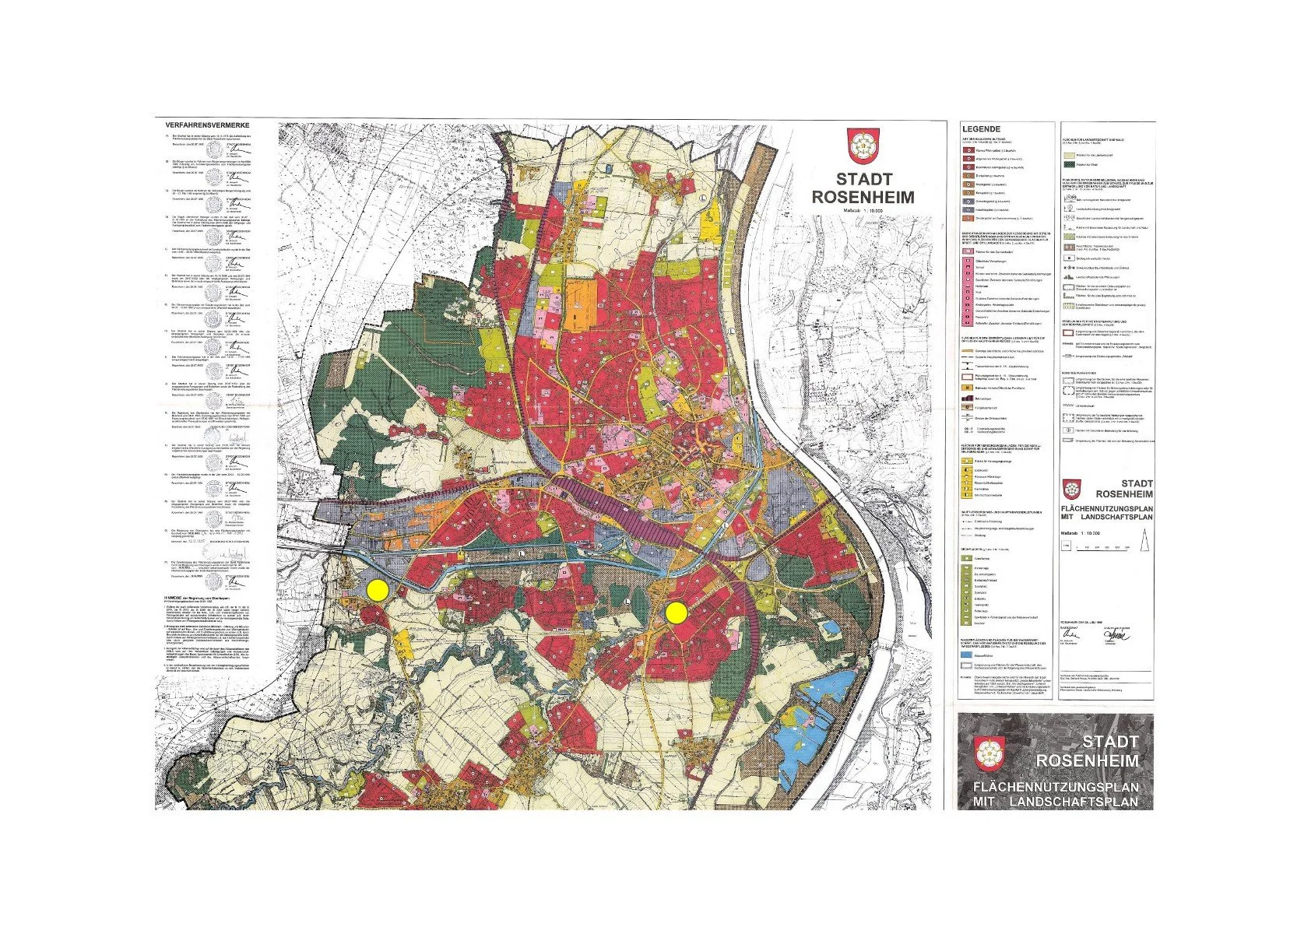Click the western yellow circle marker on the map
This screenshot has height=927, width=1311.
point(378,590)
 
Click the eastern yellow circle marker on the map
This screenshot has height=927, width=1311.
point(676,613)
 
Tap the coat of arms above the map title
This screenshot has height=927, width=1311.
point(862,146)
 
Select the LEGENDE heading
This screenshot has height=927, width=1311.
point(980,129)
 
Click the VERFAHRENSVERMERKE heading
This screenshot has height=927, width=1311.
point(207,125)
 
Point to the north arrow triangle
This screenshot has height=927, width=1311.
point(1144,539)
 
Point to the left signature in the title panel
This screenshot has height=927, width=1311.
point(1071,632)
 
